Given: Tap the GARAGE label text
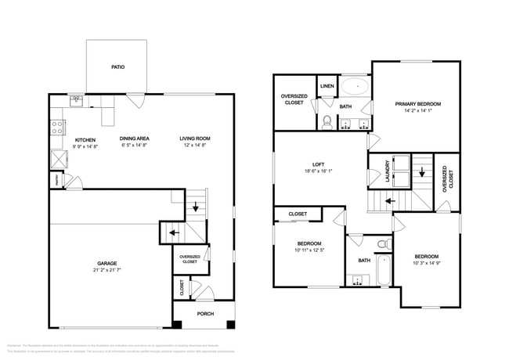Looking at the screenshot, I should [106, 265].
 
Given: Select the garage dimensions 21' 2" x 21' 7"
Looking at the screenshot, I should [106, 272].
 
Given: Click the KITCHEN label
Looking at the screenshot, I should [85, 139].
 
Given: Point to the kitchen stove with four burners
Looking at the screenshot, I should [57, 126].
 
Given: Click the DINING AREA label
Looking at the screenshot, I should [134, 139].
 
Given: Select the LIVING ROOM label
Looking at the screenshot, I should [196, 139].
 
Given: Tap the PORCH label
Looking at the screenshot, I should [205, 314].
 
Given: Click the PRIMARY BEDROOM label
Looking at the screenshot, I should [417, 104].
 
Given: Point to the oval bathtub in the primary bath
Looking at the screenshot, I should [354, 86].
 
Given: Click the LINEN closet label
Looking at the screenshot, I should [327, 86].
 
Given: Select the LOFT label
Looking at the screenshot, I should [318, 164].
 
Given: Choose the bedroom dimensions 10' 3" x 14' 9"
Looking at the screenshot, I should [427, 264].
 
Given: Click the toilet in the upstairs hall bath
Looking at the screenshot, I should [382, 245].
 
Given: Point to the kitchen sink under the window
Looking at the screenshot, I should [77, 100].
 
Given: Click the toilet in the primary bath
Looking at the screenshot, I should [327, 121].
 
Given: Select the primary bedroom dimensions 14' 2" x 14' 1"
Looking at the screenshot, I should [417, 111].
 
